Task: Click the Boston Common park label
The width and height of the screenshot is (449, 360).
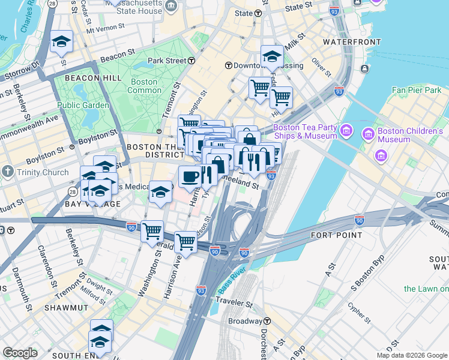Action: pos(144,86)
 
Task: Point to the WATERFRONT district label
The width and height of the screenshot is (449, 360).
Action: pos(352,42)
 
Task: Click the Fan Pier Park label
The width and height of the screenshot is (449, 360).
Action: pos(417,90)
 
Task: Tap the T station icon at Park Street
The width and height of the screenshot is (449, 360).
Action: pos(191,61)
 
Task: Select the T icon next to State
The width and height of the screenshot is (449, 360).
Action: pos(258,13)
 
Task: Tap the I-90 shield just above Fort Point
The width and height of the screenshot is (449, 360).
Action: pos(359,220)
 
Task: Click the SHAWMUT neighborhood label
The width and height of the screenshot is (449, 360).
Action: pos(66,307)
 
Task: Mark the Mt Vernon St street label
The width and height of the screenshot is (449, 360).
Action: pos(106,28)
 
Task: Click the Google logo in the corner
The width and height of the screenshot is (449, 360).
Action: pos(20,353)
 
